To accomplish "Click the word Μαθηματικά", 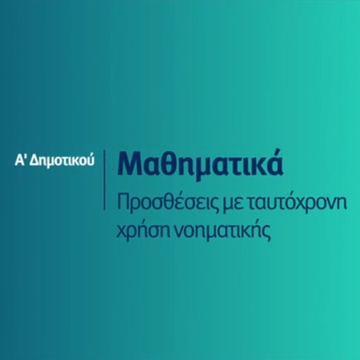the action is click(x=200, y=165).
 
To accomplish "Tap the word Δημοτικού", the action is click(x=62, y=160).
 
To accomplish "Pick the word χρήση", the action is click(x=142, y=231).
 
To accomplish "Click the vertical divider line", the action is click(x=105, y=180).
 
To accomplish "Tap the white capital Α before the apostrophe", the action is click(x=19, y=159).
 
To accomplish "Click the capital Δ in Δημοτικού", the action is click(x=34, y=159).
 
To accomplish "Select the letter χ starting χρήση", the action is click(x=122, y=233).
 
